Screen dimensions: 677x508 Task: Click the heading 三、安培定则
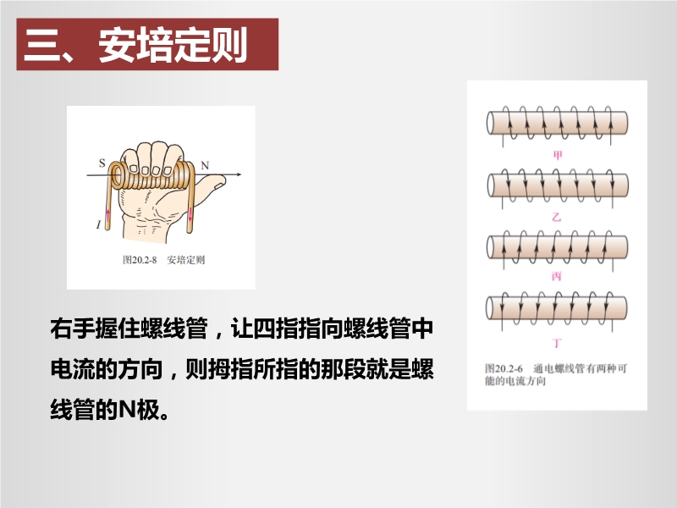(135, 45)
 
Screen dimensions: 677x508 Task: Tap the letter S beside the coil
(102, 163)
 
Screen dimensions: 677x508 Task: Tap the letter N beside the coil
(205, 165)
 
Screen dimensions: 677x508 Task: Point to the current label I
(98, 224)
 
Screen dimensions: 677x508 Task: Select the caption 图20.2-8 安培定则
(163, 260)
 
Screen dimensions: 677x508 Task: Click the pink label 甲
(558, 155)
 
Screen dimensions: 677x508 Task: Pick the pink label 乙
(557, 217)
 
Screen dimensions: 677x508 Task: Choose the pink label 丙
(557, 276)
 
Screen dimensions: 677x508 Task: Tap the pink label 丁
(557, 343)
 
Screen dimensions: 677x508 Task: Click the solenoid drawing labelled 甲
(557, 124)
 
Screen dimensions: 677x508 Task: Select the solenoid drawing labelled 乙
(557, 185)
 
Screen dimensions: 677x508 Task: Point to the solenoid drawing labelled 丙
(557, 247)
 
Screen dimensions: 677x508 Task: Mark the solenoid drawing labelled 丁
(557, 308)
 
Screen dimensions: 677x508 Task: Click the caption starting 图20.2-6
(556, 374)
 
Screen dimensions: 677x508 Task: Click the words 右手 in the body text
(73, 329)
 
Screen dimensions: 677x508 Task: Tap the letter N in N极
(128, 409)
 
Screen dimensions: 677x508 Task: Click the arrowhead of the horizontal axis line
(239, 174)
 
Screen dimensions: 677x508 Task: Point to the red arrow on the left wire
(108, 214)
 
